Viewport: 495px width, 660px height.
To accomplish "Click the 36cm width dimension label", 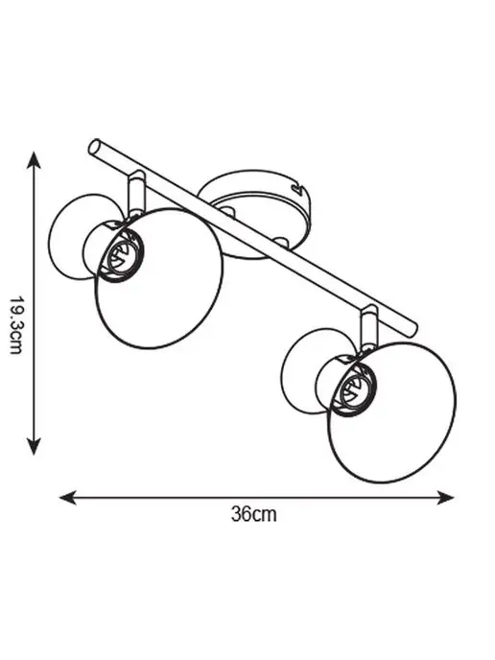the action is click(x=254, y=514).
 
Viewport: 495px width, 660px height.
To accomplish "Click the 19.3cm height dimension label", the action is click(x=16, y=324).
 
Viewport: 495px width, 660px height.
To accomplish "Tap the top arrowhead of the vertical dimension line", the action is click(x=34, y=160).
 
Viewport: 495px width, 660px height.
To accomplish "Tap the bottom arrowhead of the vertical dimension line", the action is click(x=34, y=446).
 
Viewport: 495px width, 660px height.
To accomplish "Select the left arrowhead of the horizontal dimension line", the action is click(x=68, y=497).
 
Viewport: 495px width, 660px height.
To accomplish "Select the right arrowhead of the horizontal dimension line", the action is click(x=444, y=497).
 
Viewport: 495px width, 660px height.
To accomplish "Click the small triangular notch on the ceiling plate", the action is click(x=299, y=188).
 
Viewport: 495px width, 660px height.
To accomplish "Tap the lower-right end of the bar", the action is click(x=412, y=329).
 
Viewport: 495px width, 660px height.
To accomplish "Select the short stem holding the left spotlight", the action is click(x=137, y=191).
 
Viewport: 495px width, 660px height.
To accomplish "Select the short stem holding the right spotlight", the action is click(x=368, y=326).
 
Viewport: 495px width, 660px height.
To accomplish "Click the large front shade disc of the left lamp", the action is click(x=159, y=278).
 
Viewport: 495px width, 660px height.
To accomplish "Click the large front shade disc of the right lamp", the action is click(x=391, y=412).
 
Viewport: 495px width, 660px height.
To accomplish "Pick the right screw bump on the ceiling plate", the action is click(x=281, y=242).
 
